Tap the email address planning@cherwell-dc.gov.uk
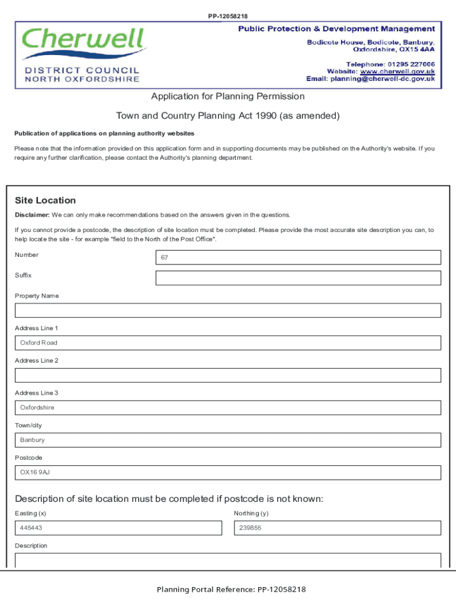click(x=383, y=79)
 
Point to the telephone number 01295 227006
click(x=411, y=64)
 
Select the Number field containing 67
click(x=298, y=257)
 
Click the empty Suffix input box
click(x=298, y=278)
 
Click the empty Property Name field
click(x=228, y=311)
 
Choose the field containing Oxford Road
click(x=228, y=343)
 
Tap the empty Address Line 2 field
click(x=228, y=375)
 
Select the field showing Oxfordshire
click(x=228, y=408)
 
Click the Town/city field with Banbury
click(x=228, y=440)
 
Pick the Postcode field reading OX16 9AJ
click(x=228, y=472)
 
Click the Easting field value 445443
click(x=118, y=528)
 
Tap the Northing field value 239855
click(x=338, y=528)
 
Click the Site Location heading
click(x=46, y=201)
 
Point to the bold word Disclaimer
click(x=32, y=215)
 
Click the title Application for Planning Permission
click(x=228, y=96)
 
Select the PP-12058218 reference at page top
click(x=228, y=16)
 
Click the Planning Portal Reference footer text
click(x=231, y=589)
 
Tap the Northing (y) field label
click(x=251, y=514)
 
